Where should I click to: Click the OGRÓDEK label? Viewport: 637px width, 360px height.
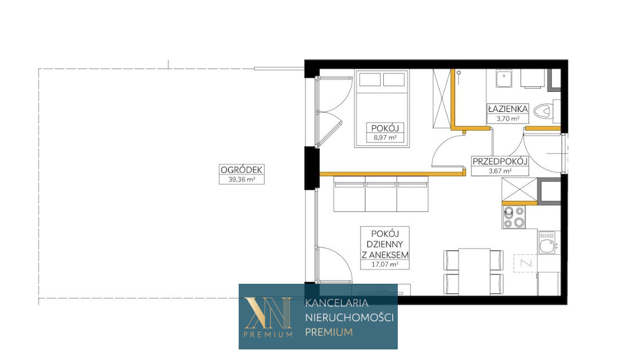pos(241,170)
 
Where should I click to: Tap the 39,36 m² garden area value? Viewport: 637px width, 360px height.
pos(241,179)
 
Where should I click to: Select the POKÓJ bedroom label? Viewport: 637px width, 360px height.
pos(385,128)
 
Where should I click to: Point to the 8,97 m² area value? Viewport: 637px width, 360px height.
pos(385,137)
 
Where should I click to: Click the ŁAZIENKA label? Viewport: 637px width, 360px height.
pos(508,109)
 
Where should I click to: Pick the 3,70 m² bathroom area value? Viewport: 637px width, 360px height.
pos(508,119)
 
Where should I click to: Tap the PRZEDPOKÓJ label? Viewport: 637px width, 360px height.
pos(500,161)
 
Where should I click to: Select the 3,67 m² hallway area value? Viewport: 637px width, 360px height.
pos(500,171)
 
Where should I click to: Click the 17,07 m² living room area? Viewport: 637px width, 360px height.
pos(385,264)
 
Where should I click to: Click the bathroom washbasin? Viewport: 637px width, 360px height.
pos(503,78)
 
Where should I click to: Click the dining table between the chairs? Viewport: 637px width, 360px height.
pos(474,272)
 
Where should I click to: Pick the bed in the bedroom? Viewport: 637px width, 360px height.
pos(382,108)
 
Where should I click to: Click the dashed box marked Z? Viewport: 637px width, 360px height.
pos(526,263)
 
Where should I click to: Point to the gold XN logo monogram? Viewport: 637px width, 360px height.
pos(268,313)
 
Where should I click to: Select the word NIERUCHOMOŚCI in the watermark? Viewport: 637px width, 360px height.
pos(349,317)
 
